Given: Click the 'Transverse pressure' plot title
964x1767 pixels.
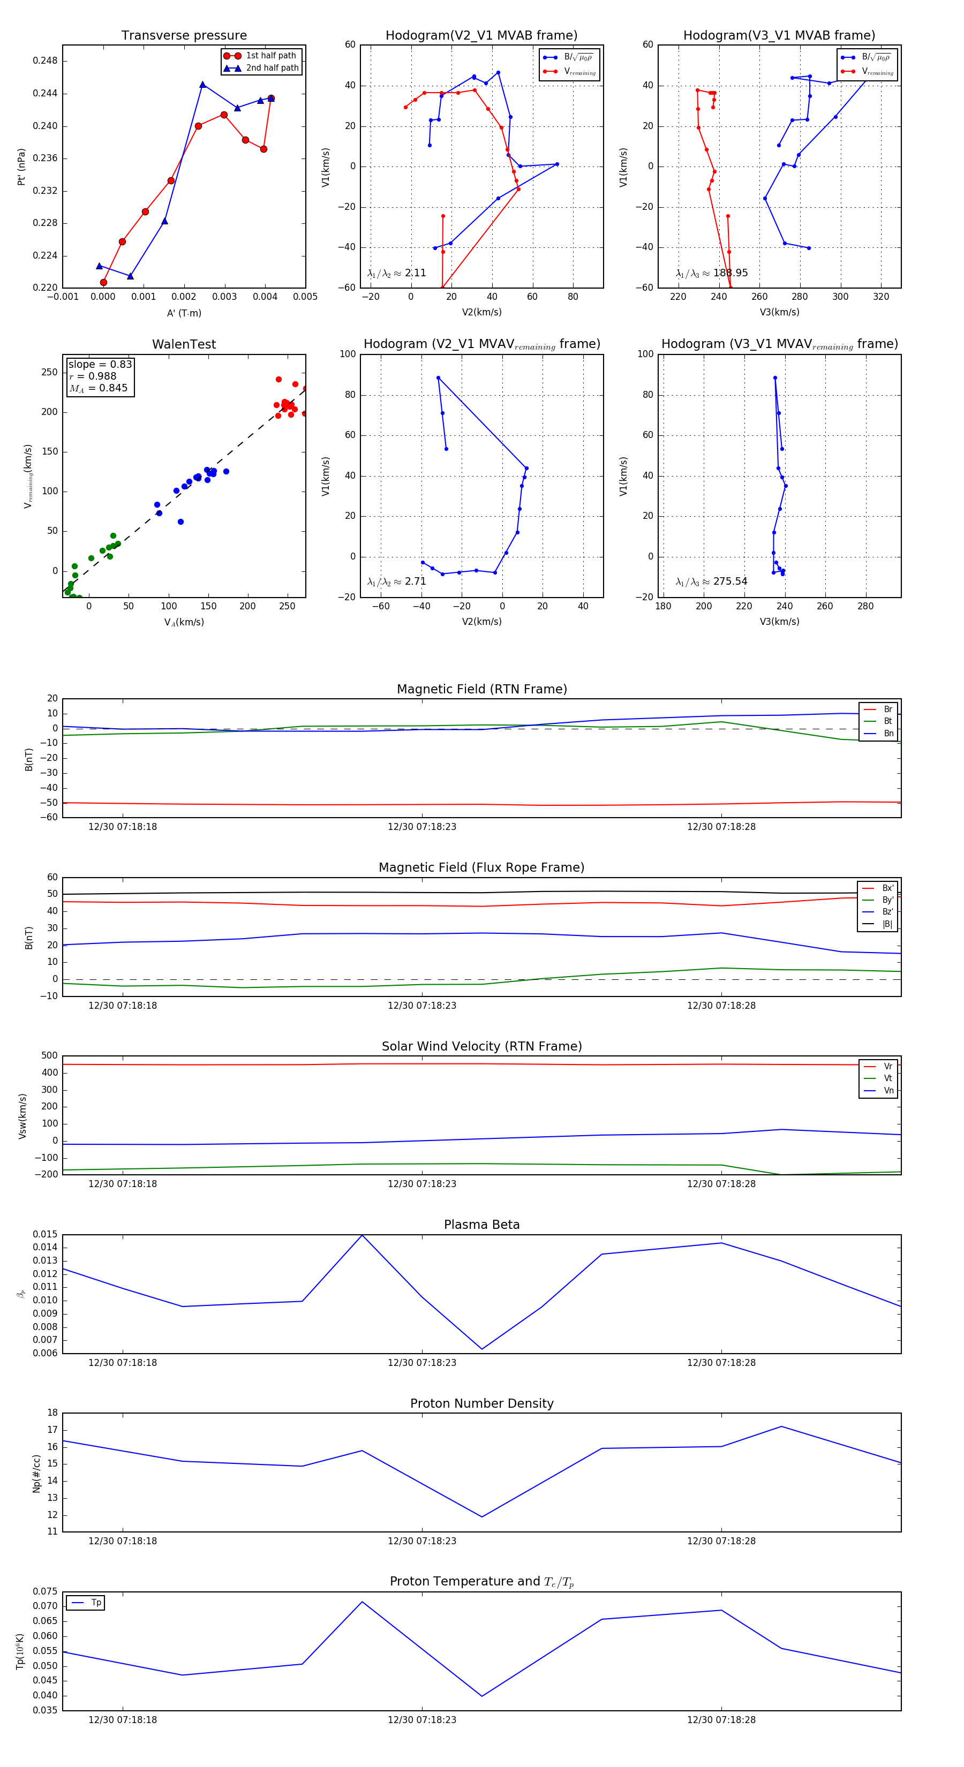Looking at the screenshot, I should coord(184,36).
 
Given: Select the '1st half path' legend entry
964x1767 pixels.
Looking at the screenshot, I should coord(270,56).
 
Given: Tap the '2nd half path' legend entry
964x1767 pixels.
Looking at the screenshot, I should coord(272,68).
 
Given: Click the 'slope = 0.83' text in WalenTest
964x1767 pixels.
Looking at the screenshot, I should coord(100,364).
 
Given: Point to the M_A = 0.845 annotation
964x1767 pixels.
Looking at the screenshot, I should coord(98,388).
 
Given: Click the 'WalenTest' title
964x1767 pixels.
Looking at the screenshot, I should coord(184,344).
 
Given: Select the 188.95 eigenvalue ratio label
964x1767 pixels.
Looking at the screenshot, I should coord(712,273).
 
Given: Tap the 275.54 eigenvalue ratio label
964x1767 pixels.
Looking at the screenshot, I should coord(712,582).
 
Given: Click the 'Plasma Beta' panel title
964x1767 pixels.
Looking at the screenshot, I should coord(481,1225).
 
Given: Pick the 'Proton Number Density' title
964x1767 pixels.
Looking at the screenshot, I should coord(481,1403).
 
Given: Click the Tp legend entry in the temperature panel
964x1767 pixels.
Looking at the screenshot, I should coord(96,1603).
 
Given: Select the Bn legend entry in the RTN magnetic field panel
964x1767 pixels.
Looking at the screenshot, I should coord(888,733).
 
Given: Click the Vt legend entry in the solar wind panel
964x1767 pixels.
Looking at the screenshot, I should coord(888,1078).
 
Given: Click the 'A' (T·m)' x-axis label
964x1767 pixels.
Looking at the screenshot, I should coord(184,313).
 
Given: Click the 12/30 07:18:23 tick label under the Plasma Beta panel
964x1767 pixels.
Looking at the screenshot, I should coord(422,1362).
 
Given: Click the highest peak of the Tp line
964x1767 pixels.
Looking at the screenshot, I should coord(362,1602).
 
